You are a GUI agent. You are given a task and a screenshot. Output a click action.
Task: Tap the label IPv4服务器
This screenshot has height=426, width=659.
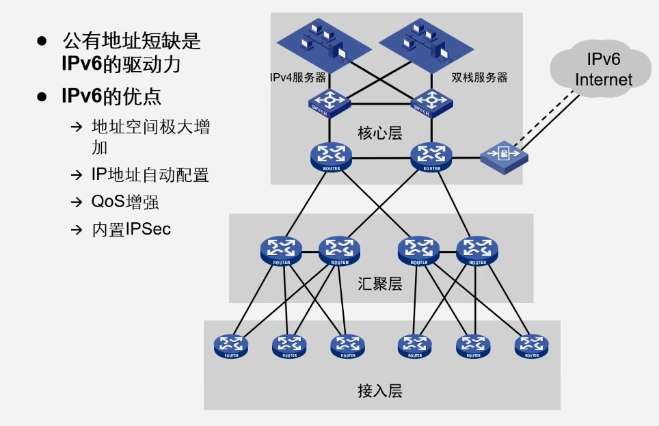click(x=298, y=78)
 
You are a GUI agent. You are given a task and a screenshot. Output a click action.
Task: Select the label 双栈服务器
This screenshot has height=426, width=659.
click(x=480, y=78)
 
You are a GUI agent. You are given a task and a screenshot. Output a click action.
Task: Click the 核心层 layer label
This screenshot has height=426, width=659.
click(x=380, y=133)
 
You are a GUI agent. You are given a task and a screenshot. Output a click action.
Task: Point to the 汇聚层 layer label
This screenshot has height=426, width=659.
click(x=380, y=284)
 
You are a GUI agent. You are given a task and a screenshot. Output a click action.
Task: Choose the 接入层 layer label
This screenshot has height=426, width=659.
click(x=380, y=391)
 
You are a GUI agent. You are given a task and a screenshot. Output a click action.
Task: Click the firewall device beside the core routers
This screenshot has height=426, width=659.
click(x=504, y=155)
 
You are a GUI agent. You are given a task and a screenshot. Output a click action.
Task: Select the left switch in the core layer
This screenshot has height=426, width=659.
click(x=330, y=103)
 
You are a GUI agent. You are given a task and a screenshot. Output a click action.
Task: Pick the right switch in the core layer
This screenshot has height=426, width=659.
click(x=431, y=103)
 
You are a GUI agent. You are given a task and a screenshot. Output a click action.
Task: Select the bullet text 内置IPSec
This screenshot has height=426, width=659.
click(x=131, y=229)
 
